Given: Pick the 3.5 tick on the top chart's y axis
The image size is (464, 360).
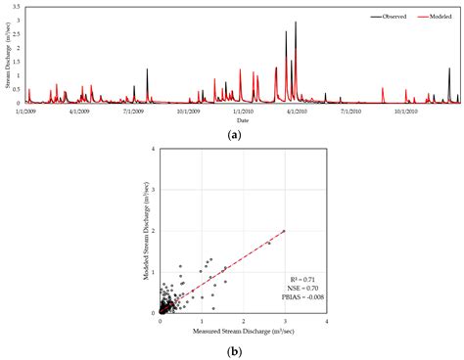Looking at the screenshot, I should click(x=20, y=7).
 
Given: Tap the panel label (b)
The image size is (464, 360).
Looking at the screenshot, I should click(x=233, y=350).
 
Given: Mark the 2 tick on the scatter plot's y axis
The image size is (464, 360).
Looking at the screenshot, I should click(x=153, y=232).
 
